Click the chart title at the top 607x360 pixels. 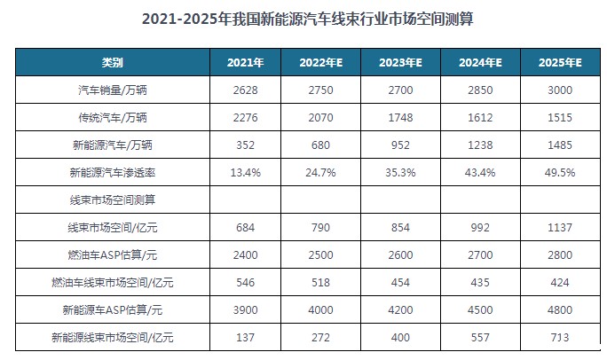pyautogui.click(x=303, y=18)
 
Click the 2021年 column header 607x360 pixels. pyautogui.click(x=244, y=63)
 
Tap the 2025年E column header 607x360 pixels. pyautogui.click(x=560, y=63)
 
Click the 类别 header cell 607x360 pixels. pyautogui.click(x=113, y=63)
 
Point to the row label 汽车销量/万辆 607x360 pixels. pyautogui.click(x=113, y=90)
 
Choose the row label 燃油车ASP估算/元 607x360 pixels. pyautogui.click(x=113, y=255)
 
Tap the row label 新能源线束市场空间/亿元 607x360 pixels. pyautogui.click(x=113, y=338)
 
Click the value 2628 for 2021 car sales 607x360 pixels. pyautogui.click(x=244, y=90)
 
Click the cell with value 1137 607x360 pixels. pyautogui.click(x=560, y=228)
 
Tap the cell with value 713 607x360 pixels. pyautogui.click(x=560, y=338)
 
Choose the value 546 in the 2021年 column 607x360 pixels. pyautogui.click(x=244, y=283)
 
